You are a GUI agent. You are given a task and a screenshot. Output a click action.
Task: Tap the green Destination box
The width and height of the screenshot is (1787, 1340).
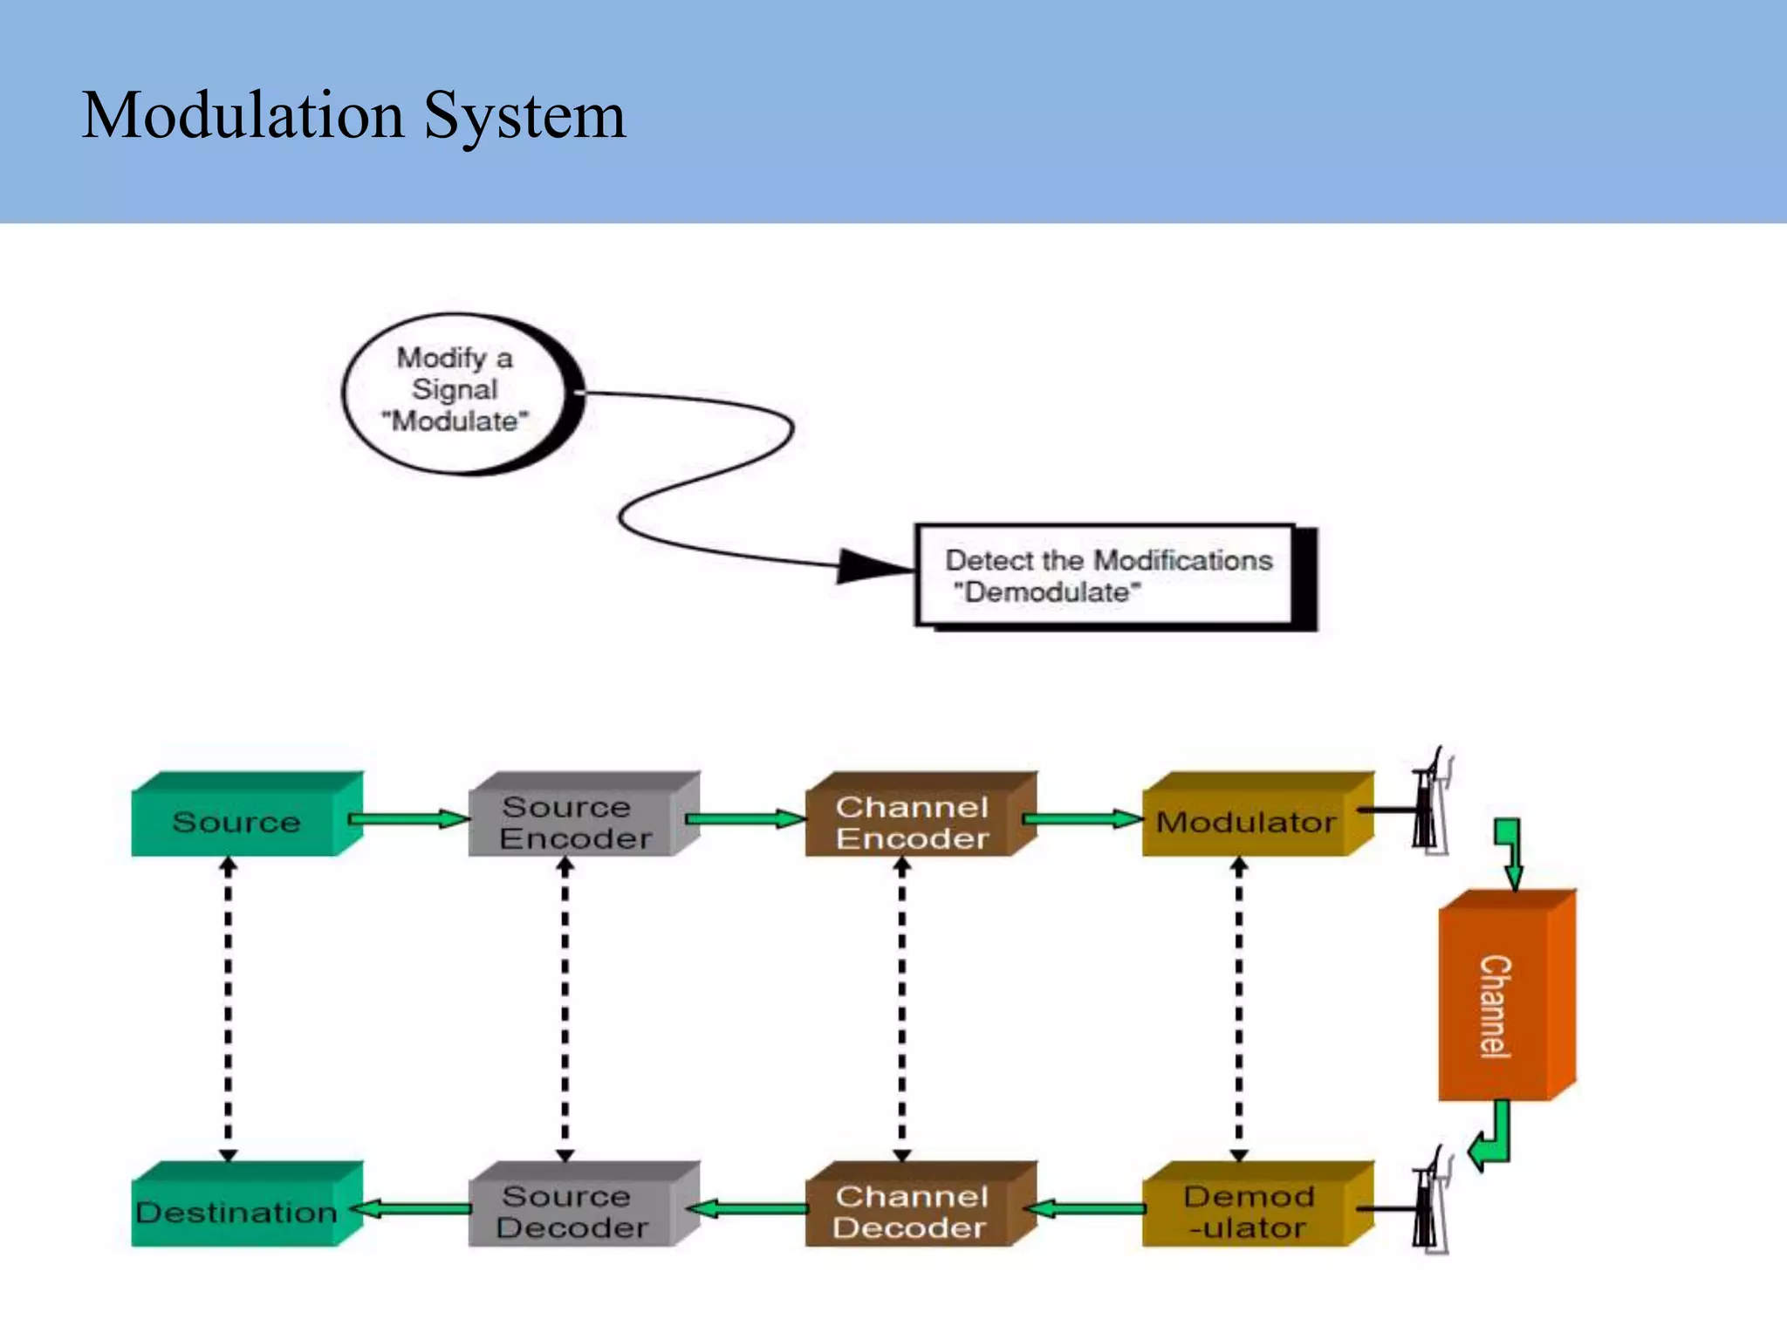236,1212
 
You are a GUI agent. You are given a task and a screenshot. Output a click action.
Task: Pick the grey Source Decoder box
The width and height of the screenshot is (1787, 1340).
573,1212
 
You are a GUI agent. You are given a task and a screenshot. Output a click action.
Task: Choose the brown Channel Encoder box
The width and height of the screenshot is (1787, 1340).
911,822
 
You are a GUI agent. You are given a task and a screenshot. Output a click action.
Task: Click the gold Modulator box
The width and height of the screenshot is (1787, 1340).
1246,822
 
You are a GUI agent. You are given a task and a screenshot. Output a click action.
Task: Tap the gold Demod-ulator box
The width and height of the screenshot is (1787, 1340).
1248,1212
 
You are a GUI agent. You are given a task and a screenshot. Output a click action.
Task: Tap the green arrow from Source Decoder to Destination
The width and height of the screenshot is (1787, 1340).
410,1209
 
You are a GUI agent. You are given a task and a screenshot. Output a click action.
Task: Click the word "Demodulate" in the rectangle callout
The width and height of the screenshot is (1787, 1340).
1046,592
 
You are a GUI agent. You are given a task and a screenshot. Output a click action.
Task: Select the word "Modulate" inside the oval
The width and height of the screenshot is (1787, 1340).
455,421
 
